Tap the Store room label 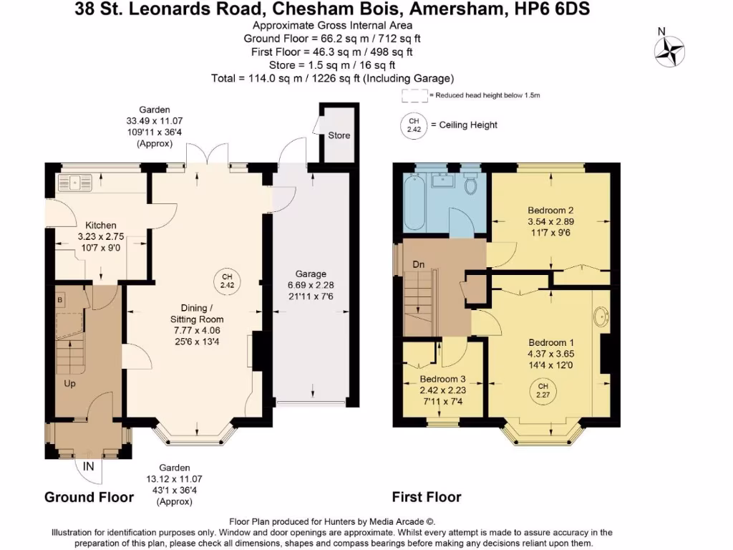(x=339, y=135)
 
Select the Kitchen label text (x=101, y=225)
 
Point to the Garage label (x=311, y=274)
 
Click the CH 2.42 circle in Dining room (x=227, y=281)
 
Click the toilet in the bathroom (x=470, y=185)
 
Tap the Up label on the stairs (x=70, y=383)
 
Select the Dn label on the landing (x=419, y=265)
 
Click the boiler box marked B (x=59, y=297)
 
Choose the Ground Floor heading (x=89, y=497)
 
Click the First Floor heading (x=427, y=497)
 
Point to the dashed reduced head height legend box (x=414, y=95)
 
